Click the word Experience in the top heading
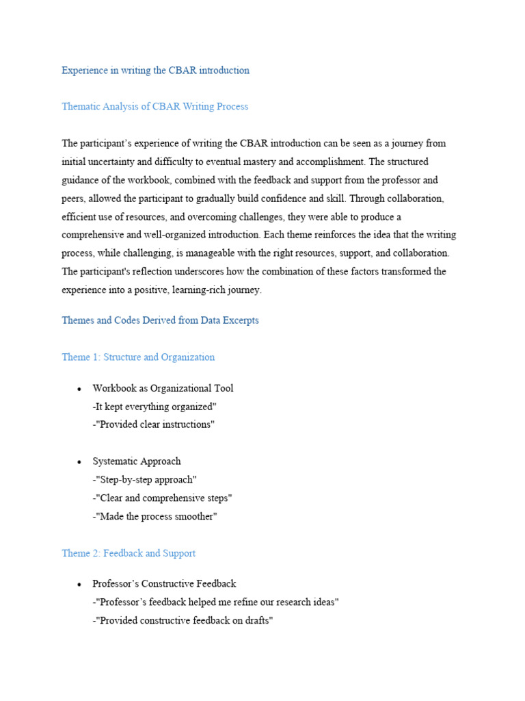pos(85,71)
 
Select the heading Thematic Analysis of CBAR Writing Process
pos(154,107)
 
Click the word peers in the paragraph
pos(74,199)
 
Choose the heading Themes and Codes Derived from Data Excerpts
pos(160,320)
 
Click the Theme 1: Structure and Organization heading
pos(138,357)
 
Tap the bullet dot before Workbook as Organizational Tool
pos(80,389)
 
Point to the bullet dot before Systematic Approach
pos(80,462)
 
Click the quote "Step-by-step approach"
pos(146,480)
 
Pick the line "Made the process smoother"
pos(156,517)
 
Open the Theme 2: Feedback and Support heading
pos(129,553)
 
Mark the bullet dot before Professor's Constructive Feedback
pos(80,585)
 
